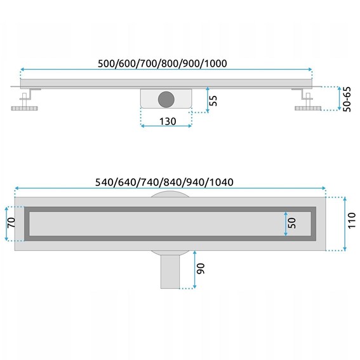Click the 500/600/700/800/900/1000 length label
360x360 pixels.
(x=163, y=63)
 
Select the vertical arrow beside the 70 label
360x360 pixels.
(x=6, y=223)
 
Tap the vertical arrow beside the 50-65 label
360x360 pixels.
(x=337, y=98)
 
